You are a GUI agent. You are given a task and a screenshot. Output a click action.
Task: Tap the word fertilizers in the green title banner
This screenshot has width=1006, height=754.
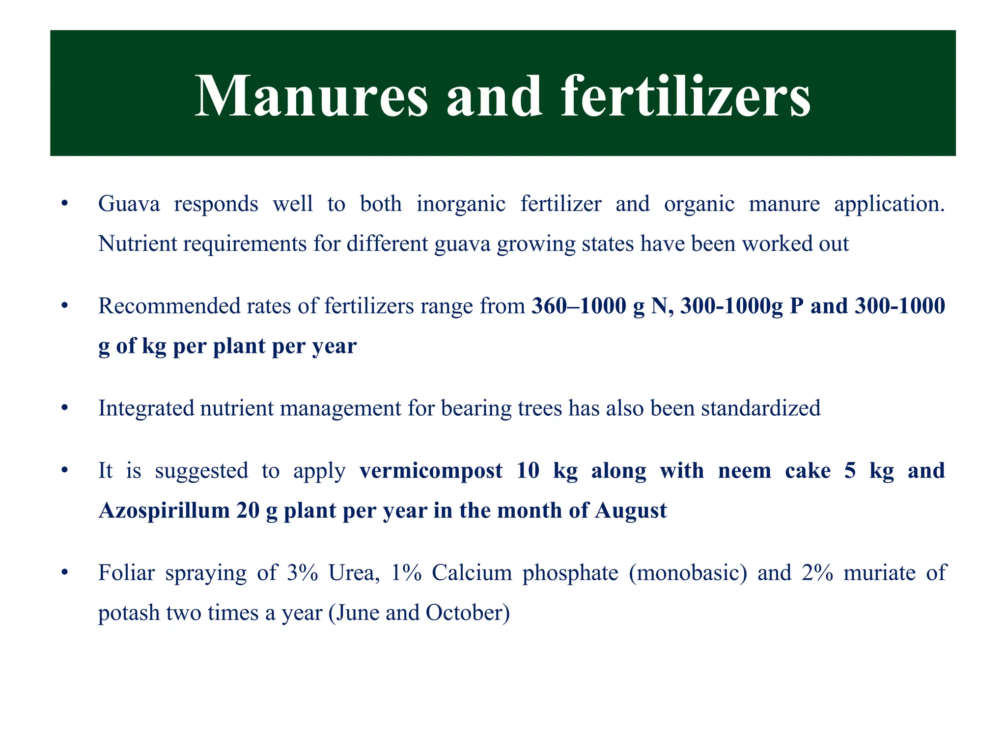pyautogui.click(x=685, y=96)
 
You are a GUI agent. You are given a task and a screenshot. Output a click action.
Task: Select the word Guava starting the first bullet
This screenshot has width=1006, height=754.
pyautogui.click(x=129, y=204)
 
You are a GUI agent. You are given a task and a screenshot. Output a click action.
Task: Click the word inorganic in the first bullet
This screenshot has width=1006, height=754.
pyautogui.click(x=461, y=204)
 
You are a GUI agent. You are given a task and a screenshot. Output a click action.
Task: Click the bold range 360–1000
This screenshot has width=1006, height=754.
pyautogui.click(x=578, y=306)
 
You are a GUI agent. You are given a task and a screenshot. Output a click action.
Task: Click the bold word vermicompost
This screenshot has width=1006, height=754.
pyautogui.click(x=431, y=470)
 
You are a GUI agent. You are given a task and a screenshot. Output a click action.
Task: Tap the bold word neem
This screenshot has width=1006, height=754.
pyautogui.click(x=744, y=470)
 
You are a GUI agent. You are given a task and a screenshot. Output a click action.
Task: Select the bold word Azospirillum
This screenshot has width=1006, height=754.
pyautogui.click(x=164, y=511)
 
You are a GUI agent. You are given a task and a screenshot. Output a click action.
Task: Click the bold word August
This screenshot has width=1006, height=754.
pyautogui.click(x=631, y=511)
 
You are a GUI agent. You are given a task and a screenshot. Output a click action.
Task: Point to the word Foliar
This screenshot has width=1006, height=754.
pyautogui.click(x=126, y=573)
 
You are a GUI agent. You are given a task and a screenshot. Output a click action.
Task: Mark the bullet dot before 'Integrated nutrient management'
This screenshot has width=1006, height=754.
pyautogui.click(x=64, y=408)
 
